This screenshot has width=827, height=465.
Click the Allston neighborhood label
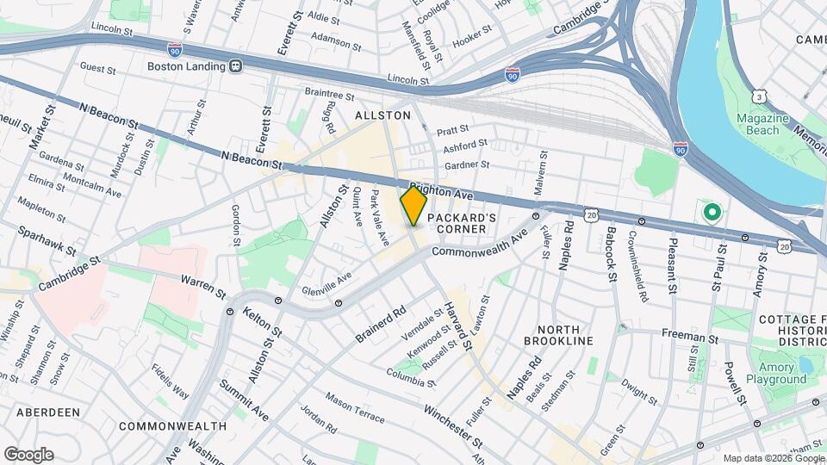[x=382, y=115]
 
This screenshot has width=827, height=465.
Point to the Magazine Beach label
[x=758, y=124]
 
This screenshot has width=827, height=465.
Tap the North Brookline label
[x=564, y=335]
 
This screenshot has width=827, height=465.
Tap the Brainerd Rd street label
[x=380, y=323]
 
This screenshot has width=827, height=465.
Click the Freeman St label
[x=689, y=333]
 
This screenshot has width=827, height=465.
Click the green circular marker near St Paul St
[x=712, y=212]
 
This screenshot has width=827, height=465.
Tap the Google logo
[x=28, y=455]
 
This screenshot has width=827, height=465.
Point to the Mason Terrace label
[x=355, y=407]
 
